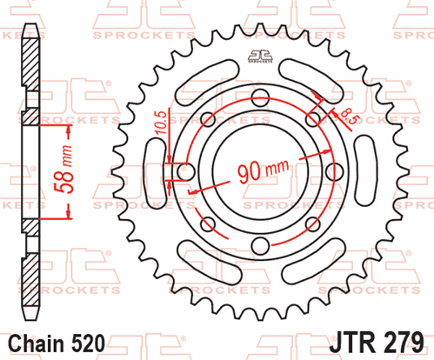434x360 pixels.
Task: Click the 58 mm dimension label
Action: click(63, 169)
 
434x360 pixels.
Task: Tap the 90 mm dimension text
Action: click(263, 170)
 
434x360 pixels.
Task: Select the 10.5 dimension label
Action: click(162, 123)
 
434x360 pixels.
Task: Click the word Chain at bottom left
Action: click(37, 343)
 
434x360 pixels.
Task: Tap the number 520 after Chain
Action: click(88, 343)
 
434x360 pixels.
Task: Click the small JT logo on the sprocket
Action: click(260, 56)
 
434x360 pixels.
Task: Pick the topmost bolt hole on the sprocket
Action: click(260, 98)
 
